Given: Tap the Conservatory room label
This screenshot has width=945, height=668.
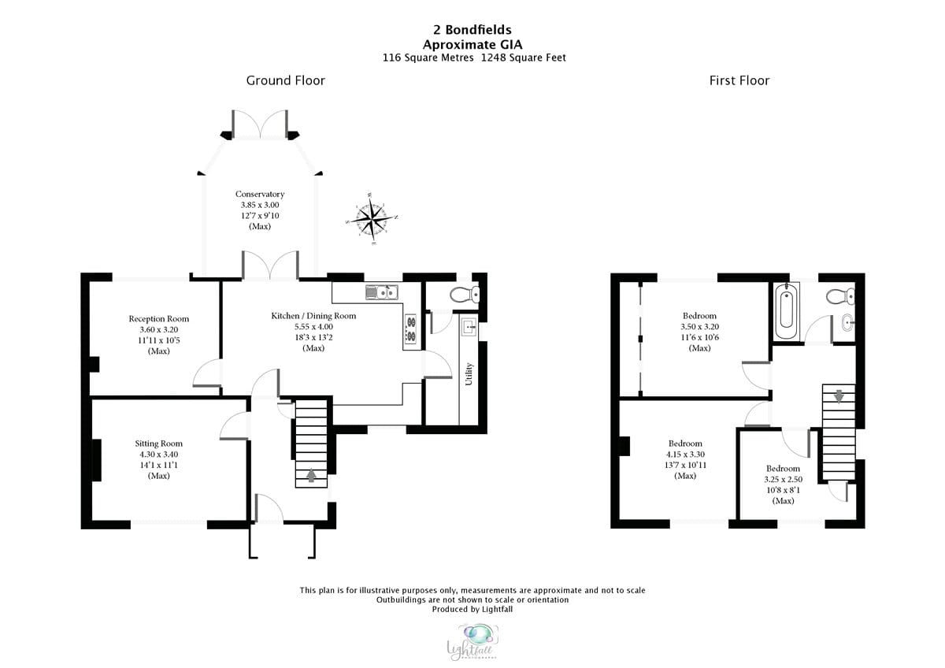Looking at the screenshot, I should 259,194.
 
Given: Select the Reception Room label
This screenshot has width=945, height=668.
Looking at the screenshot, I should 159,319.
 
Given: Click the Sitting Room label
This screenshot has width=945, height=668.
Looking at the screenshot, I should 158,443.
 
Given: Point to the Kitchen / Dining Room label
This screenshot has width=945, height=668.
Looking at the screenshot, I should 313,316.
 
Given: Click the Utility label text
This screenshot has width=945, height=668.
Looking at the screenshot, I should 469,373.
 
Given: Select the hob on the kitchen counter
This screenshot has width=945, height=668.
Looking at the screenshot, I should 410,331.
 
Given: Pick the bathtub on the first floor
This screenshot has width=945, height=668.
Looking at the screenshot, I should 786,311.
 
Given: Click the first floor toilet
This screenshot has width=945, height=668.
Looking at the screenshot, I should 839,296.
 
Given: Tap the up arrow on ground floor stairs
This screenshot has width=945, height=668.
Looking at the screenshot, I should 312,475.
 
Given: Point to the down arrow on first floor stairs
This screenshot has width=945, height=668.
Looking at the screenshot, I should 839,395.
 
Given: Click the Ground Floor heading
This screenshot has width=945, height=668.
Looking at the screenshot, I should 285,80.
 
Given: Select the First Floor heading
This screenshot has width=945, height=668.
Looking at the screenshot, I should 739,80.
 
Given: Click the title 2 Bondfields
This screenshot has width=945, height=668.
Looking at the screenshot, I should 472,31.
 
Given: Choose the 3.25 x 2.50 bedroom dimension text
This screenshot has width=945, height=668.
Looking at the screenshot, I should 783,479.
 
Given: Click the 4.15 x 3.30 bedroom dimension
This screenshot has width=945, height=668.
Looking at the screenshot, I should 685,454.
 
